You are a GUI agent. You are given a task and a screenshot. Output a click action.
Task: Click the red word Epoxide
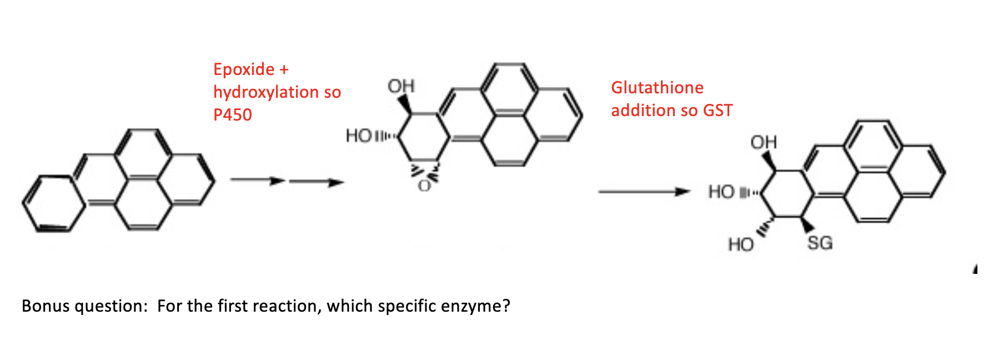click(x=243, y=69)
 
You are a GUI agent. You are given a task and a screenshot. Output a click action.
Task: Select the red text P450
click(x=233, y=115)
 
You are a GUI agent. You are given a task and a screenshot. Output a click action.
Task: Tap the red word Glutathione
click(x=657, y=88)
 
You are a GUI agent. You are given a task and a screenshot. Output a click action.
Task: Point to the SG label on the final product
click(x=820, y=243)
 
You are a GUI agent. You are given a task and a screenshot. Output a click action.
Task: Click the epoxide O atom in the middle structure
click(x=424, y=186)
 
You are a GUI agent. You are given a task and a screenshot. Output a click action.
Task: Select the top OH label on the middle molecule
click(x=401, y=86)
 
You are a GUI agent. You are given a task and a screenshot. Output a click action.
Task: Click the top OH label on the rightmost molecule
click(x=764, y=143)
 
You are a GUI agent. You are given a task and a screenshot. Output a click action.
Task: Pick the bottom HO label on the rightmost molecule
click(x=741, y=244)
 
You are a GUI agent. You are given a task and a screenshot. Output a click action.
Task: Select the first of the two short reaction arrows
click(x=258, y=180)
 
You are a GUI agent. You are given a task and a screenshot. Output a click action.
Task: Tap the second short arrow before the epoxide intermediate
click(x=317, y=182)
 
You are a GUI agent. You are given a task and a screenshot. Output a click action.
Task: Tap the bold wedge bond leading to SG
click(x=807, y=224)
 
